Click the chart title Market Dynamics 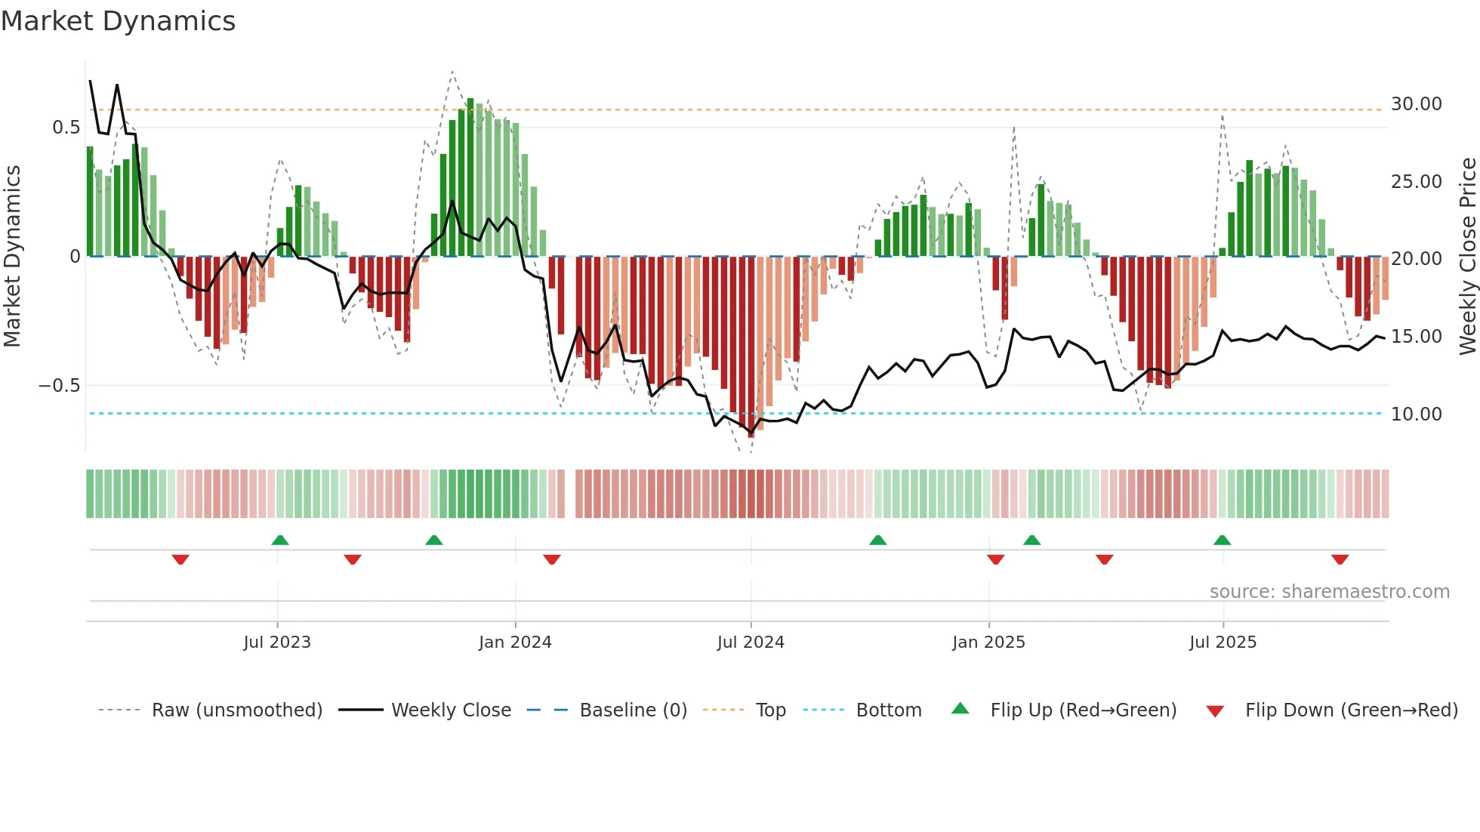pos(118,21)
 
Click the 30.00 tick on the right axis pos(1416,104)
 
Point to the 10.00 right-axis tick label pos(1416,414)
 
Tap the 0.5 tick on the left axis pos(66,128)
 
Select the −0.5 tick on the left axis pos(59,386)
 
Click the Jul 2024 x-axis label pos(750,642)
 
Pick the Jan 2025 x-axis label pos(988,642)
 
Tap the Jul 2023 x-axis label pos(276,642)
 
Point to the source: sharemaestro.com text pos(1329,592)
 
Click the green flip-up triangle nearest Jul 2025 pos(1222,540)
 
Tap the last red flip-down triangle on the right pos(1340,559)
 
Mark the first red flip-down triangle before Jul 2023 pos(180,559)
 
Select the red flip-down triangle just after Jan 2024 pos(551,559)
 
